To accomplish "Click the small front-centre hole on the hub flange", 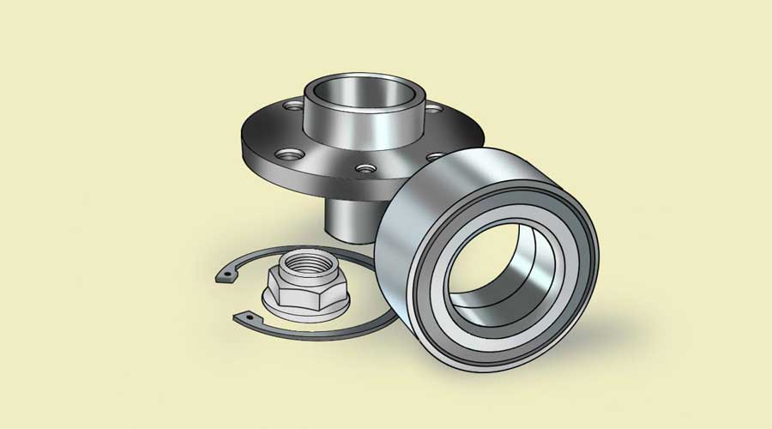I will click(367, 168).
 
